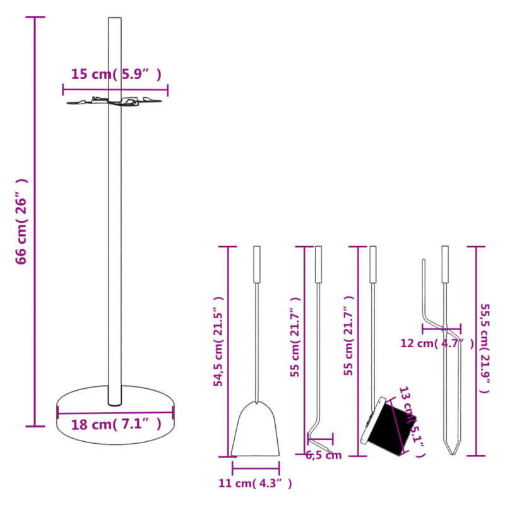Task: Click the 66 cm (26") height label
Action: coord(21,220)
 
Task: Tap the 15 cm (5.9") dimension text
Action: coord(116,74)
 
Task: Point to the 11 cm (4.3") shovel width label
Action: coord(255,484)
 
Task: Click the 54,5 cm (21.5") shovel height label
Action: coord(218,341)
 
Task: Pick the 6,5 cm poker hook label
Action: coord(323,455)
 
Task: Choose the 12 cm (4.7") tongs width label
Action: coord(436,343)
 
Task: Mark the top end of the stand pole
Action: coord(115,21)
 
